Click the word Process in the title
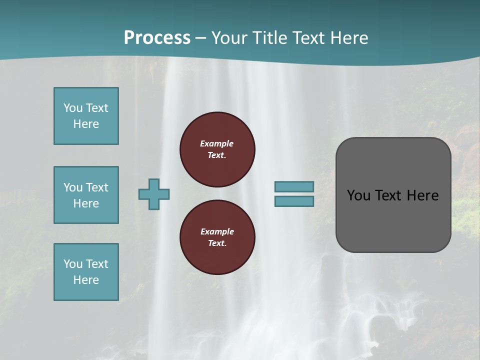click(x=157, y=37)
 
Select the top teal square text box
click(x=86, y=116)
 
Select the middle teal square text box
click(x=86, y=195)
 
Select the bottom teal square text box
click(x=86, y=272)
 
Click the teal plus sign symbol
click(x=154, y=194)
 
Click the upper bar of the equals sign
click(x=294, y=186)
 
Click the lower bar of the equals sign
click(x=294, y=201)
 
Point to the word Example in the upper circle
click(x=217, y=143)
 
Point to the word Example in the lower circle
click(x=217, y=231)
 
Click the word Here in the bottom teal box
click(x=86, y=280)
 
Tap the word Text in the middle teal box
click(x=97, y=187)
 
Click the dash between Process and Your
click(x=200, y=38)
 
